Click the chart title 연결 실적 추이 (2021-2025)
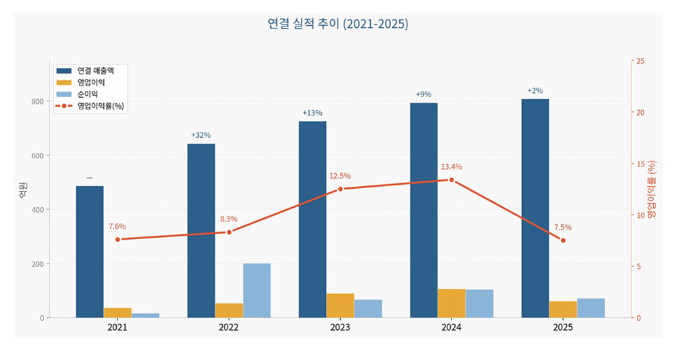pos(337,24)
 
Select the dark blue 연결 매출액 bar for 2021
pos(90,251)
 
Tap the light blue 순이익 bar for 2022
pos(257,290)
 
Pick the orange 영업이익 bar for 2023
pos(340,306)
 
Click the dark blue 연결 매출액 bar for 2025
pos(535,208)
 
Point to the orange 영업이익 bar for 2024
pos(452,303)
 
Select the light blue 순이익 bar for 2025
pos(591,308)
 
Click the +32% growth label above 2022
pos(201,135)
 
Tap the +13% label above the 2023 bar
pos(312,113)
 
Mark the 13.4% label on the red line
pos(452,167)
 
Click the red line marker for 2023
pos(340,189)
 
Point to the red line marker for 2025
pos(563,240)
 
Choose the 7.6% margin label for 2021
pos(117,226)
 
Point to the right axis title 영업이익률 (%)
pos(652,190)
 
